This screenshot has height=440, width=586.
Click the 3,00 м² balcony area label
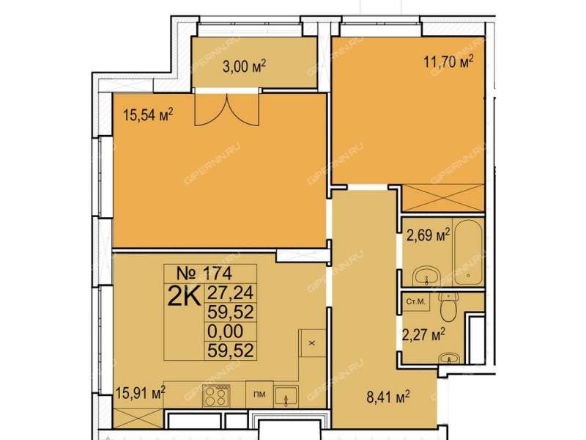pos(244,67)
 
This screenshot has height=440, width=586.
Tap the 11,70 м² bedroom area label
pos(448,62)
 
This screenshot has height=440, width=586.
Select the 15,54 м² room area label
pos(148,115)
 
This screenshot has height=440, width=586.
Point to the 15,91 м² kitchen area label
pos(141,393)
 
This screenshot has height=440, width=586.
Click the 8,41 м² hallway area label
pos(388,397)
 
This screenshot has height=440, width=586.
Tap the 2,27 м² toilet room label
pos(423,334)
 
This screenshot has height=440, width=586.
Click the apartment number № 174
pos(204,273)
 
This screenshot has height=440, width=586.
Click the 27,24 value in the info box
pos(231,293)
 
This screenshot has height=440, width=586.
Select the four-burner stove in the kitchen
pos(216,396)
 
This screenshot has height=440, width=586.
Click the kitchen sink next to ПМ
pos(286,397)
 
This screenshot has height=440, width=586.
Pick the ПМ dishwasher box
pos(259,395)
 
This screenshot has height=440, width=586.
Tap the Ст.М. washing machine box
pos(415,301)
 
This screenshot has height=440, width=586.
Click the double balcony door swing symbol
pos(226,109)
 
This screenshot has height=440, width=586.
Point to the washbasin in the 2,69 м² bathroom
pos(426,276)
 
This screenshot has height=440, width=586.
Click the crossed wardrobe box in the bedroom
pos(443,198)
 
